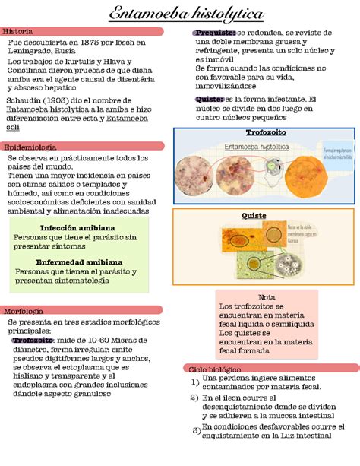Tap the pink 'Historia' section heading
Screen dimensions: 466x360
[x=18, y=31]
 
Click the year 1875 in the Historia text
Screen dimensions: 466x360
[x=91, y=43]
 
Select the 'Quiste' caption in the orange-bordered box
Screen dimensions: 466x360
[x=254, y=215]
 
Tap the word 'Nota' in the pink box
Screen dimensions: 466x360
[x=267, y=297]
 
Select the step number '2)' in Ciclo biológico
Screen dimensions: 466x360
[x=194, y=398]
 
